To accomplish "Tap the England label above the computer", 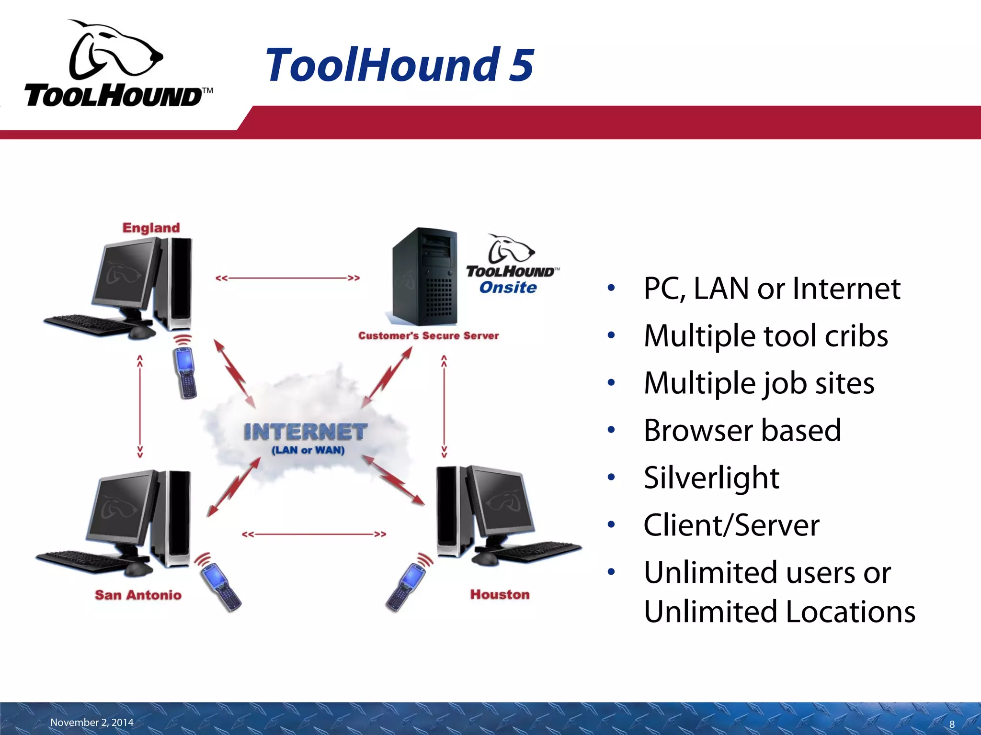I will pyautogui.click(x=151, y=228).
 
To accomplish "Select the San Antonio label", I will pyautogui.click(x=138, y=595).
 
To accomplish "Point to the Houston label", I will pyautogui.click(x=500, y=594).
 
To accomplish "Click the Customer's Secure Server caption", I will pyautogui.click(x=428, y=336).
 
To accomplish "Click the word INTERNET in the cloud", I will pyautogui.click(x=305, y=432).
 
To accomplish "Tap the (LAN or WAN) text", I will pyautogui.click(x=308, y=450).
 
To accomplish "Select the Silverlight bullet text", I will pyautogui.click(x=711, y=478).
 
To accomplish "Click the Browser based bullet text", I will pyautogui.click(x=742, y=430).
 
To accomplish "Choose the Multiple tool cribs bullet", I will pyautogui.click(x=765, y=335).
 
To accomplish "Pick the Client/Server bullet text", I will pyautogui.click(x=731, y=525).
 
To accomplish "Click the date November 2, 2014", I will pyautogui.click(x=91, y=722).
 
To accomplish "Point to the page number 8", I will pyautogui.click(x=952, y=724).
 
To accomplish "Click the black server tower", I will pyautogui.click(x=424, y=278).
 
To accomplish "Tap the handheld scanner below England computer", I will pyautogui.click(x=185, y=373).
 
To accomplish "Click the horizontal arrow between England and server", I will pyautogui.click(x=287, y=278).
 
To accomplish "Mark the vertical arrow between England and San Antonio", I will pyautogui.click(x=140, y=407).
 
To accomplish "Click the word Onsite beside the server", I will pyautogui.click(x=508, y=288).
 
